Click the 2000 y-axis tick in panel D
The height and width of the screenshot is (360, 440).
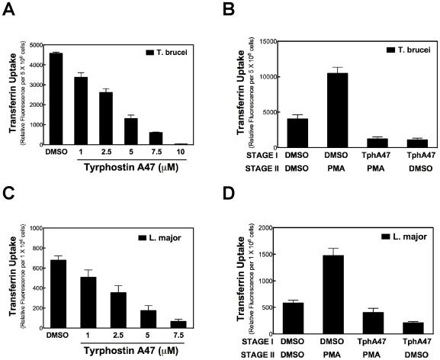pyautogui.click(x=268, y=227)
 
